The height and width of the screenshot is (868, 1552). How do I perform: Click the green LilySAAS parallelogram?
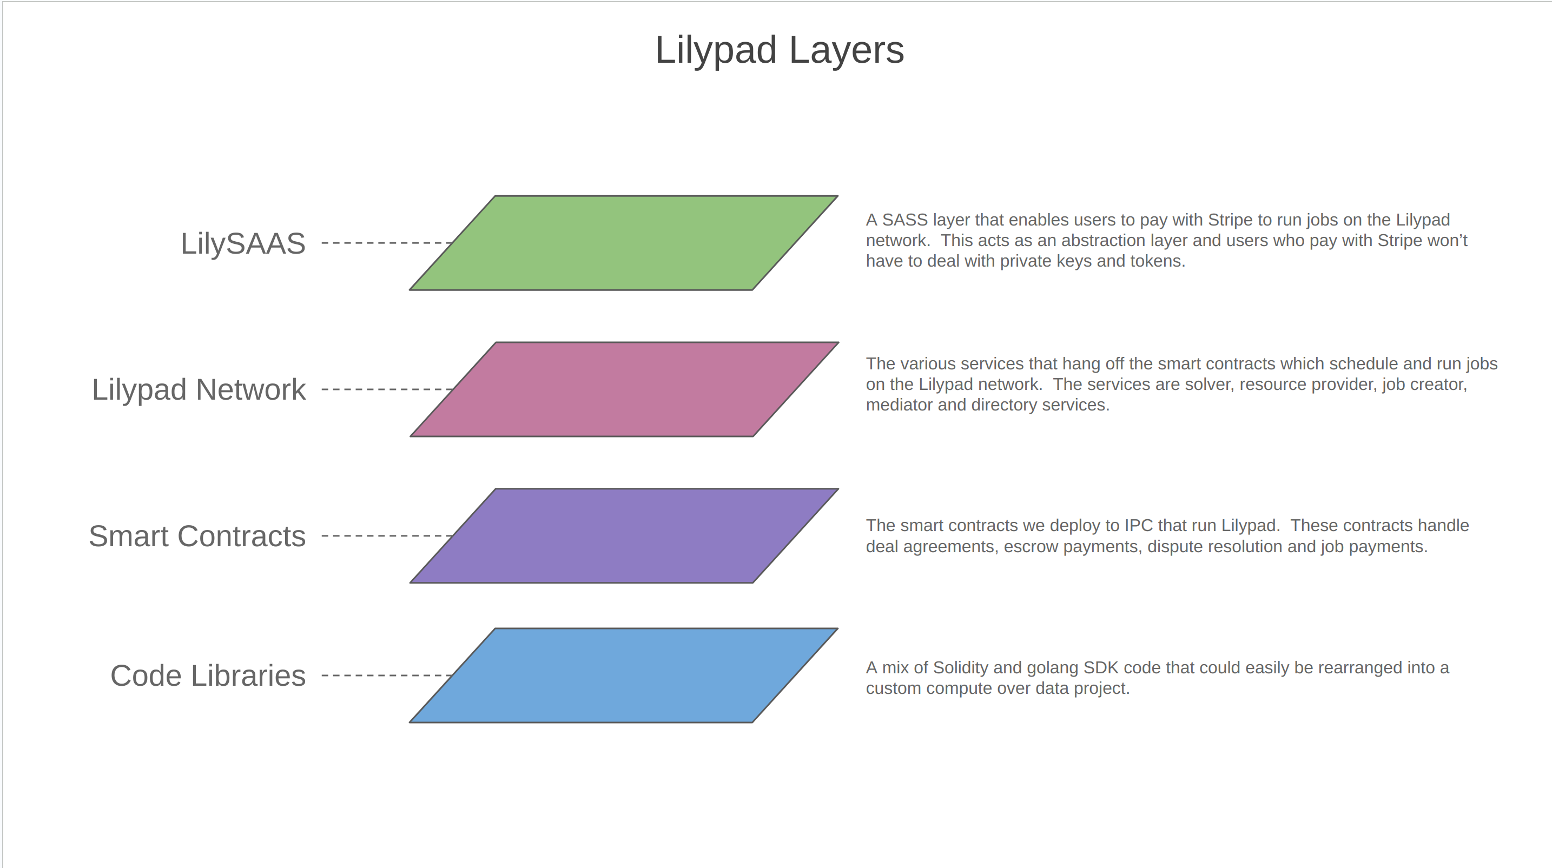point(624,243)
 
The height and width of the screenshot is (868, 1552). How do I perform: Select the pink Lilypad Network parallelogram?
point(624,389)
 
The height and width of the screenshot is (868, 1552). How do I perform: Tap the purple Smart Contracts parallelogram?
point(624,535)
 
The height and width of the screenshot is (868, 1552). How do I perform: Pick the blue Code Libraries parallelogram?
point(624,675)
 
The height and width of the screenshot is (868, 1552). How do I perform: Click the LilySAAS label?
point(243,244)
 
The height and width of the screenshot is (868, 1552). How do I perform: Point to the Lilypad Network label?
point(199,390)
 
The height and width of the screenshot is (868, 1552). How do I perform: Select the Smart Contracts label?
point(197,536)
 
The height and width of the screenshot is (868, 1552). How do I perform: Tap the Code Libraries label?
point(208,676)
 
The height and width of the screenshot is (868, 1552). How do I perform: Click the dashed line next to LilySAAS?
point(387,243)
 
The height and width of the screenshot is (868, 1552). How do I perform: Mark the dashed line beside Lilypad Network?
point(387,389)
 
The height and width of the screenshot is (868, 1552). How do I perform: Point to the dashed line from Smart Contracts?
point(387,535)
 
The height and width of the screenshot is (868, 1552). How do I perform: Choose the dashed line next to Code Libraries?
point(387,675)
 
